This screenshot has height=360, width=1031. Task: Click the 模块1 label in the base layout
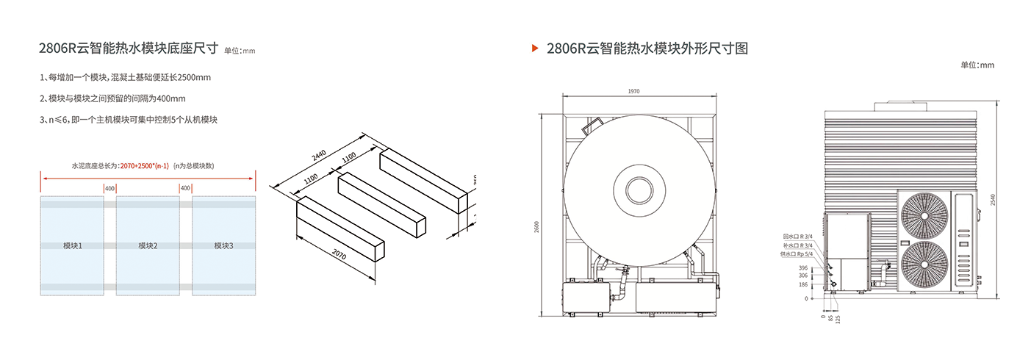click(73, 245)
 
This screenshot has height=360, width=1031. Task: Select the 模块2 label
click(148, 245)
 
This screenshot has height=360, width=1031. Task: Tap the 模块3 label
click(223, 245)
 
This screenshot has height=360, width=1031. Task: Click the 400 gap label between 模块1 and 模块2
click(109, 189)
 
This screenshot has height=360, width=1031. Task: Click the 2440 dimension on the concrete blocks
click(319, 156)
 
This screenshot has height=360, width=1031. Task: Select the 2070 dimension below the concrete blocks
click(339, 256)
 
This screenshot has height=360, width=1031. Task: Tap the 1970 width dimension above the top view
click(634, 91)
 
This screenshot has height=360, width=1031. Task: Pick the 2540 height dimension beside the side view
click(993, 200)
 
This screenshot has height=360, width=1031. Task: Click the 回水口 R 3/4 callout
click(797, 237)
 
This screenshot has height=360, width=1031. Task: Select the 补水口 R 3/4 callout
click(797, 245)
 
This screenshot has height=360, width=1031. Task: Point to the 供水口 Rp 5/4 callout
click(796, 253)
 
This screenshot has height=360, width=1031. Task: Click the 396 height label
click(802, 268)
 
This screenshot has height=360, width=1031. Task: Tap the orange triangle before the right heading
click(535, 48)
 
